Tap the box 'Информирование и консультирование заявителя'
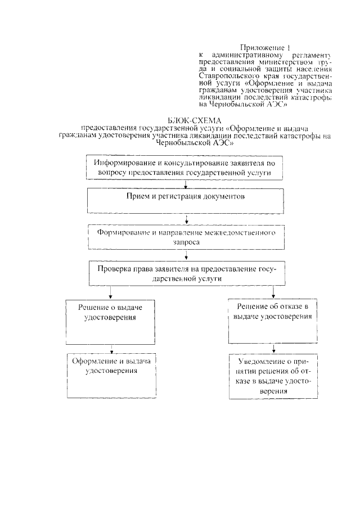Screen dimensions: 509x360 click(x=184, y=167)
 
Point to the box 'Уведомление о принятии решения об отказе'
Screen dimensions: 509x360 click(x=273, y=375)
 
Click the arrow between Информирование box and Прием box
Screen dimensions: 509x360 click(x=185, y=183)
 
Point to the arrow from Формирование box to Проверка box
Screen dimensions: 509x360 click(x=185, y=255)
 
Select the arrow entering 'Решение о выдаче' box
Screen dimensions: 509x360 click(x=111, y=293)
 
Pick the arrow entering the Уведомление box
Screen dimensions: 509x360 click(x=273, y=348)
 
